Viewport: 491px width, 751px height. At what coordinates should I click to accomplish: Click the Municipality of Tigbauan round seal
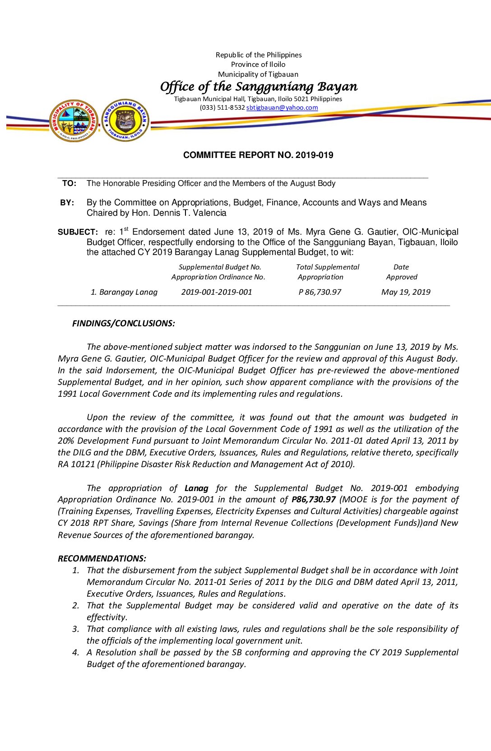74,121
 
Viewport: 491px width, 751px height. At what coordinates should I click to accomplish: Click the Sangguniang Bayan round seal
125,120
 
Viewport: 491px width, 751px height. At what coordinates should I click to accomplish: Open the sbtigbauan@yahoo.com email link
282,108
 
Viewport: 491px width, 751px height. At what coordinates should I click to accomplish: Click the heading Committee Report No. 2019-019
258,155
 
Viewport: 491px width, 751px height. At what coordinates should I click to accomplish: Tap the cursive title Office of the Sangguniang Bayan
259,86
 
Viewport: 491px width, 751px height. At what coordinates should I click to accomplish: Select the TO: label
69,183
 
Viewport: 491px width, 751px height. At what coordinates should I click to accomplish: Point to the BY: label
67,203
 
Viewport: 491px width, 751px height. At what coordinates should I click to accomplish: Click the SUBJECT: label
78,232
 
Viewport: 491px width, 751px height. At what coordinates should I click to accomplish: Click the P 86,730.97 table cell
320,292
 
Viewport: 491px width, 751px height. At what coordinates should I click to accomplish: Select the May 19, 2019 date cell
406,292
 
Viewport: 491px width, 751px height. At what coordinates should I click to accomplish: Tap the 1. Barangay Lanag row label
124,292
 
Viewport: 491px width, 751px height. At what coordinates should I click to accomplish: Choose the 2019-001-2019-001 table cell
217,292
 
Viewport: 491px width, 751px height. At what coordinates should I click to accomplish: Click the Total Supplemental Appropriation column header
327,272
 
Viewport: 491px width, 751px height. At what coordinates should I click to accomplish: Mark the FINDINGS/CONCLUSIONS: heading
124,324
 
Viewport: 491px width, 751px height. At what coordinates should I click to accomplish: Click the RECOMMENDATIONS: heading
102,559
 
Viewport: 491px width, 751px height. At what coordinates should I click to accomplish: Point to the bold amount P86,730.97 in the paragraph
314,500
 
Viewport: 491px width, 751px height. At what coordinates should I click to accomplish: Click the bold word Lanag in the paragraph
196,488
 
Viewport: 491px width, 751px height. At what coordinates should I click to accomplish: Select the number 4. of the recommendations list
76,653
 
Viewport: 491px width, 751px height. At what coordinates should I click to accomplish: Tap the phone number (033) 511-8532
222,108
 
